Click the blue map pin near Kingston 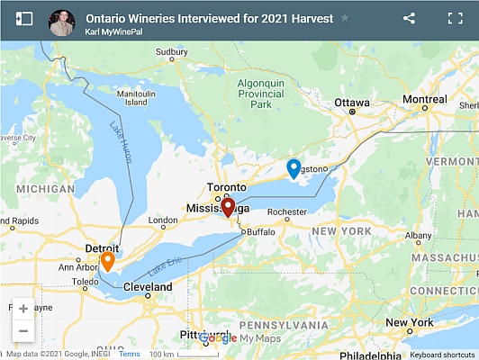point(293,167)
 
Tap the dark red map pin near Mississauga point(228,207)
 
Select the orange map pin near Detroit point(107,260)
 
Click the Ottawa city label point(351,103)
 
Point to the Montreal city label point(424,99)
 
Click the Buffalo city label point(260,231)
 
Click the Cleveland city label point(148,287)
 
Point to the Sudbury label point(171,52)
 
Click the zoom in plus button point(23,308)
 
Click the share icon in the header point(410,18)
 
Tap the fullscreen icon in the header point(455,18)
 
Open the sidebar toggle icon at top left point(24,18)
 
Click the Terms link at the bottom point(129,355)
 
